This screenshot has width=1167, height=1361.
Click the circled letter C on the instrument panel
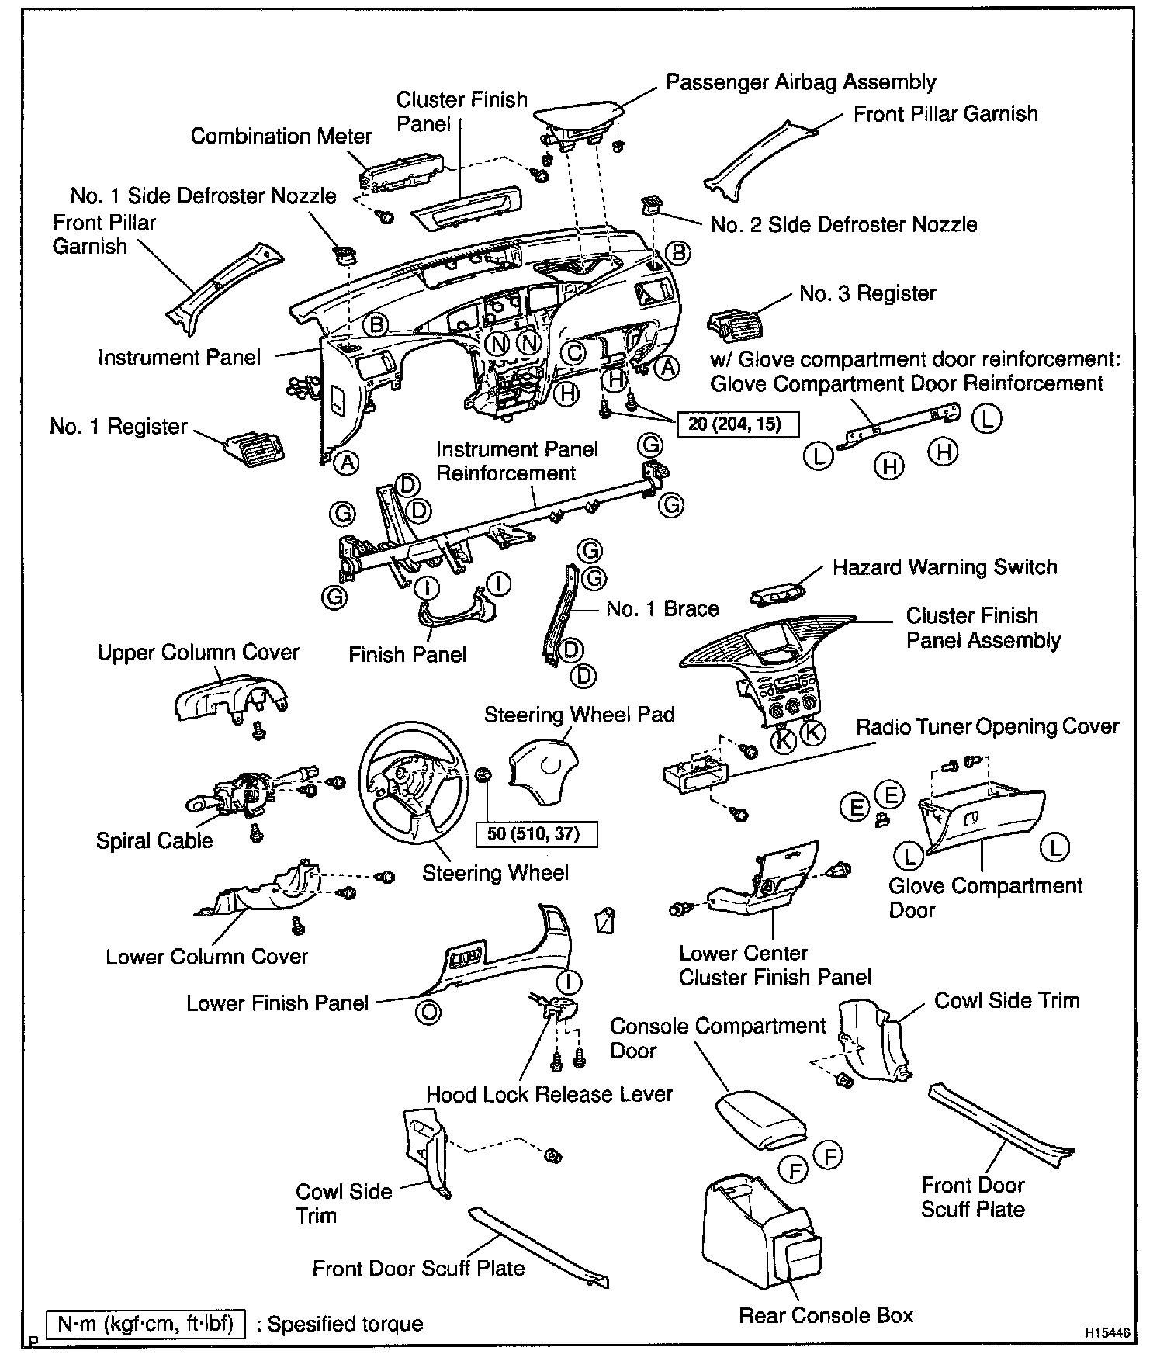click(573, 353)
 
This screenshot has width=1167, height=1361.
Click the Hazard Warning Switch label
click(944, 567)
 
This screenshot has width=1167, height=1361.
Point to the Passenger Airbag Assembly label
click(801, 82)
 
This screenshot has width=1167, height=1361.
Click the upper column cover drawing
click(230, 694)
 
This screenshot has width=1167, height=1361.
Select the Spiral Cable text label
click(154, 840)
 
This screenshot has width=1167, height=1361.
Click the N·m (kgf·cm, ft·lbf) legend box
click(145, 1322)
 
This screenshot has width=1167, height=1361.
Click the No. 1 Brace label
click(662, 609)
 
